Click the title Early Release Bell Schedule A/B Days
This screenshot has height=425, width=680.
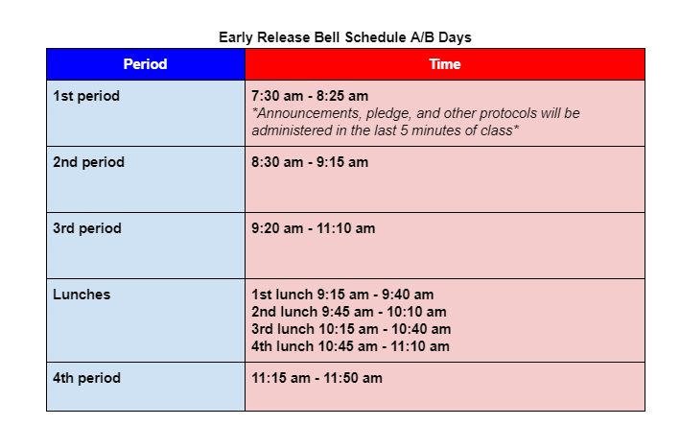pyautogui.click(x=345, y=37)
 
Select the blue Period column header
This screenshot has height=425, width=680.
pyautogui.click(x=145, y=64)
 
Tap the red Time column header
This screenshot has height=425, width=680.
pyautogui.click(x=445, y=64)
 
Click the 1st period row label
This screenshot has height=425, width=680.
pyautogui.click(x=86, y=96)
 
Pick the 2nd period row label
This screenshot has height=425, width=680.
pyautogui.click(x=88, y=162)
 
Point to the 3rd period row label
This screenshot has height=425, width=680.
pyautogui.click(x=87, y=228)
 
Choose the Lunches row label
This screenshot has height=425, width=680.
pyautogui.click(x=82, y=295)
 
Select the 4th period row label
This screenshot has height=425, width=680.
pyautogui.click(x=87, y=378)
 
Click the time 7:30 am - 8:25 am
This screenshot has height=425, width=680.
pyautogui.click(x=310, y=96)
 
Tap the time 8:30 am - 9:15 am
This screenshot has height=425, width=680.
pyautogui.click(x=310, y=162)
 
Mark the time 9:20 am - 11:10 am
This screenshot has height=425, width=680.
pyautogui.click(x=314, y=228)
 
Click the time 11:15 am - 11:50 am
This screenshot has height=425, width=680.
pyautogui.click(x=317, y=378)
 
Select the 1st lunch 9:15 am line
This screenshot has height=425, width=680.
pyautogui.click(x=342, y=295)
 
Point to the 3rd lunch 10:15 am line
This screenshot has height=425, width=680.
pyautogui.click(x=351, y=329)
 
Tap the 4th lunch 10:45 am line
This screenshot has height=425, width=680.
pyautogui.click(x=351, y=346)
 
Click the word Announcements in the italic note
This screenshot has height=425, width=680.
pyautogui.click(x=304, y=113)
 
